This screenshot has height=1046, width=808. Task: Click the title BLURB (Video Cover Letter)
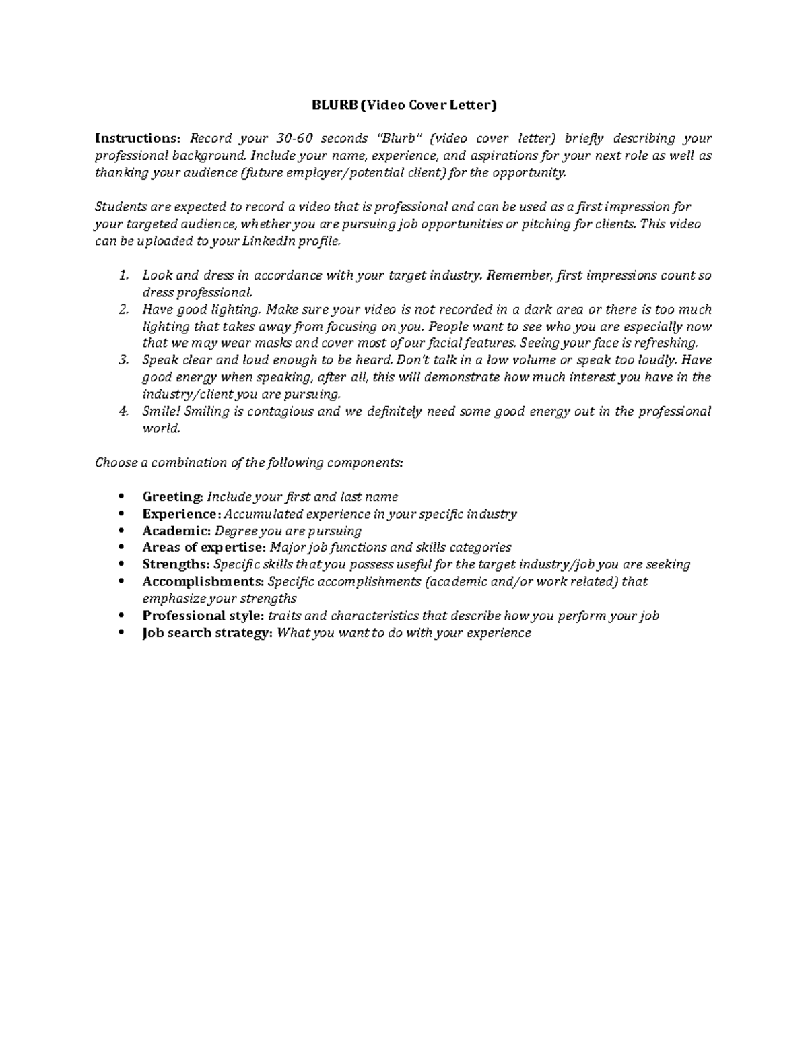pyautogui.click(x=403, y=105)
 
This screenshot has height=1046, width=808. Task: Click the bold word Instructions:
pyautogui.click(x=138, y=139)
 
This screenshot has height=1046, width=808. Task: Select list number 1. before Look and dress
pyautogui.click(x=123, y=275)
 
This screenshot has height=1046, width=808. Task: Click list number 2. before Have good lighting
pyautogui.click(x=123, y=310)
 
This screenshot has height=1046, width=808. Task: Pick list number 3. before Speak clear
pyautogui.click(x=123, y=360)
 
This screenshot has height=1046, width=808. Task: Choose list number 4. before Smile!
pyautogui.click(x=123, y=412)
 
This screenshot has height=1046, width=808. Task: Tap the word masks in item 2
pyautogui.click(x=273, y=344)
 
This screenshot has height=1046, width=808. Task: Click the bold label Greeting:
pyautogui.click(x=172, y=497)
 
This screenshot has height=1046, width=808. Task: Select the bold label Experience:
pyautogui.click(x=181, y=514)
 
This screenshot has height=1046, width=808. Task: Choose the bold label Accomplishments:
pyautogui.click(x=203, y=581)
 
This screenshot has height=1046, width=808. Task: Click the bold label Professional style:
pyautogui.click(x=203, y=616)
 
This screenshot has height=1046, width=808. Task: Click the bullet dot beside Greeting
pyautogui.click(x=121, y=497)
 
